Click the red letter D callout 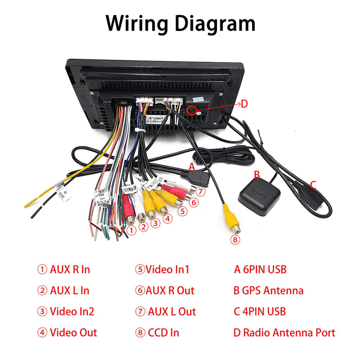pos(244,104)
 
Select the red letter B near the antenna pos(257,175)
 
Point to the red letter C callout pos(313,184)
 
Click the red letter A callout pos(192,166)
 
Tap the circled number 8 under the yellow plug pos(235,239)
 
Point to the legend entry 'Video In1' pos(162,270)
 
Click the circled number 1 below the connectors pos(131,230)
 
